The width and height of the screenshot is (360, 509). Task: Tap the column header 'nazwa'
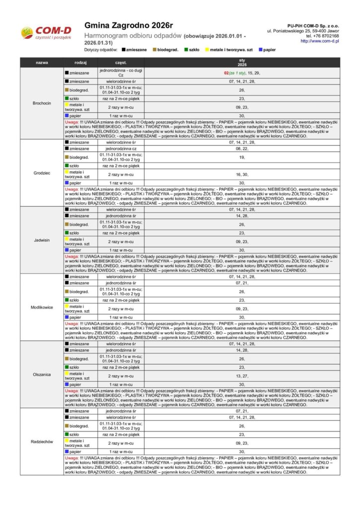(x=42, y=63)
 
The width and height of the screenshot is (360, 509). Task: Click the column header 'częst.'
(x=121, y=63)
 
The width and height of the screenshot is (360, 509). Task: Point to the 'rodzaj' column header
(x=81, y=63)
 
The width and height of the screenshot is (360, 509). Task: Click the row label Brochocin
(x=42, y=103)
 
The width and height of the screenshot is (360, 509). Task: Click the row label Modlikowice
(x=42, y=307)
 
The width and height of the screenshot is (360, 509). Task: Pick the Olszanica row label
(x=42, y=374)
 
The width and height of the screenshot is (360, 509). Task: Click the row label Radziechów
(x=42, y=441)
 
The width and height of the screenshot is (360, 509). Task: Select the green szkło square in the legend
(x=185, y=50)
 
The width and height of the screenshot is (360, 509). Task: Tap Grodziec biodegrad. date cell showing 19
(x=242, y=157)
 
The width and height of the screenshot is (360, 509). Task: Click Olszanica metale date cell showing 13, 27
(x=242, y=376)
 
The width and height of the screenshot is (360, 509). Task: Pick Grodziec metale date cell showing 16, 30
(x=242, y=174)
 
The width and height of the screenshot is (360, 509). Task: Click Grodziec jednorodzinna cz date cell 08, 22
(x=242, y=149)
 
